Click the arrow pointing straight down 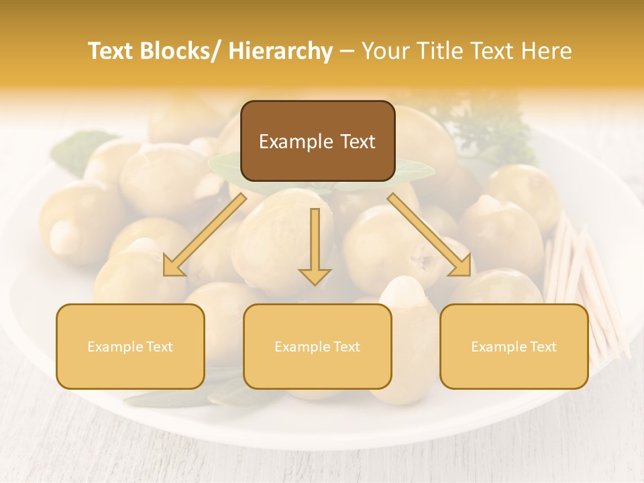[x=315, y=248]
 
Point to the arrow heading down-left [x=205, y=235]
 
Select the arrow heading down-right [x=429, y=235]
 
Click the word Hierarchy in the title [x=280, y=52]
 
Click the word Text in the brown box [x=357, y=142]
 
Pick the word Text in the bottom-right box [x=543, y=347]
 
